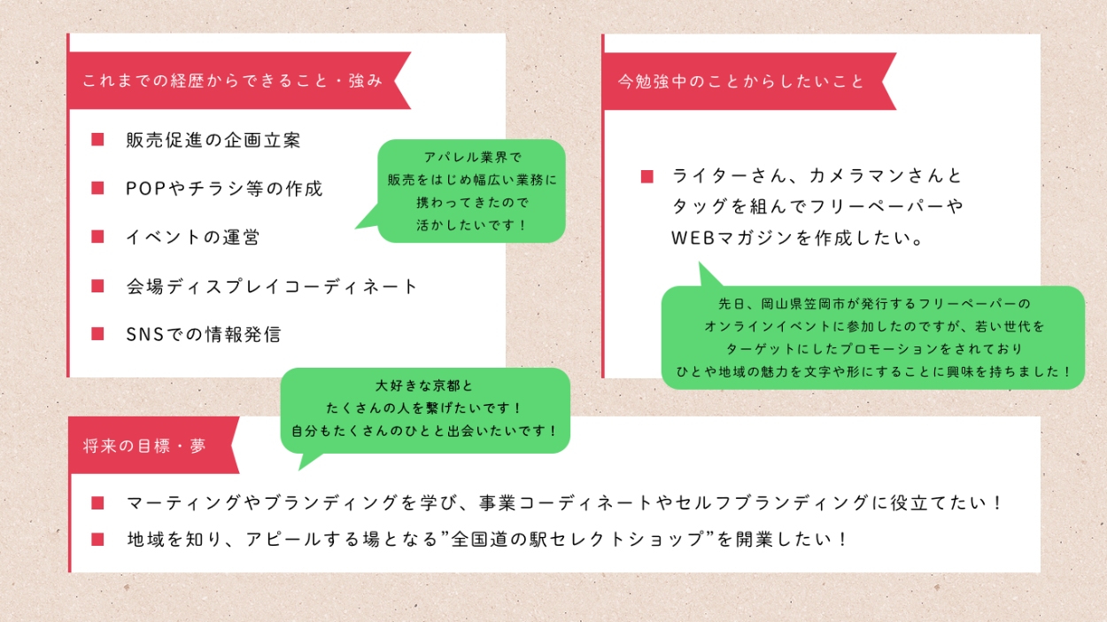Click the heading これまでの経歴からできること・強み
point(232,81)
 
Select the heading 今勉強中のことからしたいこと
point(740,81)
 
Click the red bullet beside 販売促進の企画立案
point(97,139)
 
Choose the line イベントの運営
point(192,237)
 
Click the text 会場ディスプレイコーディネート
point(272,286)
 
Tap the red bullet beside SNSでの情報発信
point(97,334)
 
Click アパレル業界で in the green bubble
point(471,157)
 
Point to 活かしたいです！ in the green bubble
point(471,225)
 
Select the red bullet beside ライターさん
point(647,176)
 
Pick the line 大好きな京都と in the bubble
point(425,386)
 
